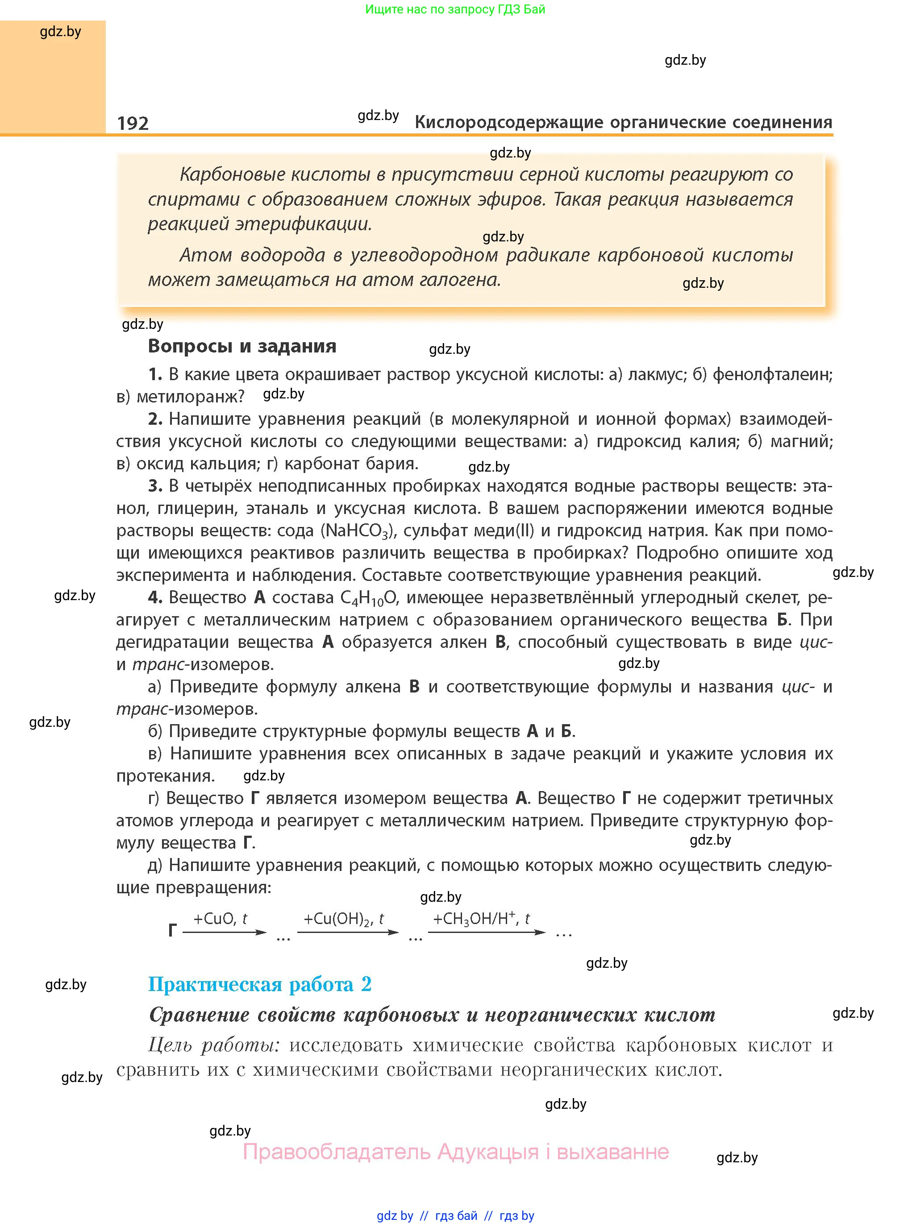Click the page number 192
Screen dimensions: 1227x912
click(133, 123)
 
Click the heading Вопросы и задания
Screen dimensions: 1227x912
click(242, 346)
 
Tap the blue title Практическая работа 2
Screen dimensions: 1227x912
click(259, 984)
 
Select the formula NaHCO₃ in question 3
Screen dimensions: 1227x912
click(358, 531)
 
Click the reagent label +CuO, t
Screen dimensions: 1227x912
click(220, 919)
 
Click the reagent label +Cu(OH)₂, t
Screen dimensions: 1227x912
click(343, 919)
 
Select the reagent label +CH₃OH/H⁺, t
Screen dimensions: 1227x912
click(481, 919)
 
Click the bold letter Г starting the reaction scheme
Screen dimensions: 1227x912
click(172, 931)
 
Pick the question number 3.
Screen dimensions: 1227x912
click(154, 486)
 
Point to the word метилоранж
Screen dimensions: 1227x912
click(190, 397)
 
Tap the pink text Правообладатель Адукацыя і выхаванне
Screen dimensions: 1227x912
click(455, 1152)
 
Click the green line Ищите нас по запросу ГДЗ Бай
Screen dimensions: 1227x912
click(455, 9)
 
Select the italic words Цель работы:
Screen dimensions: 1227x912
click(214, 1045)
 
